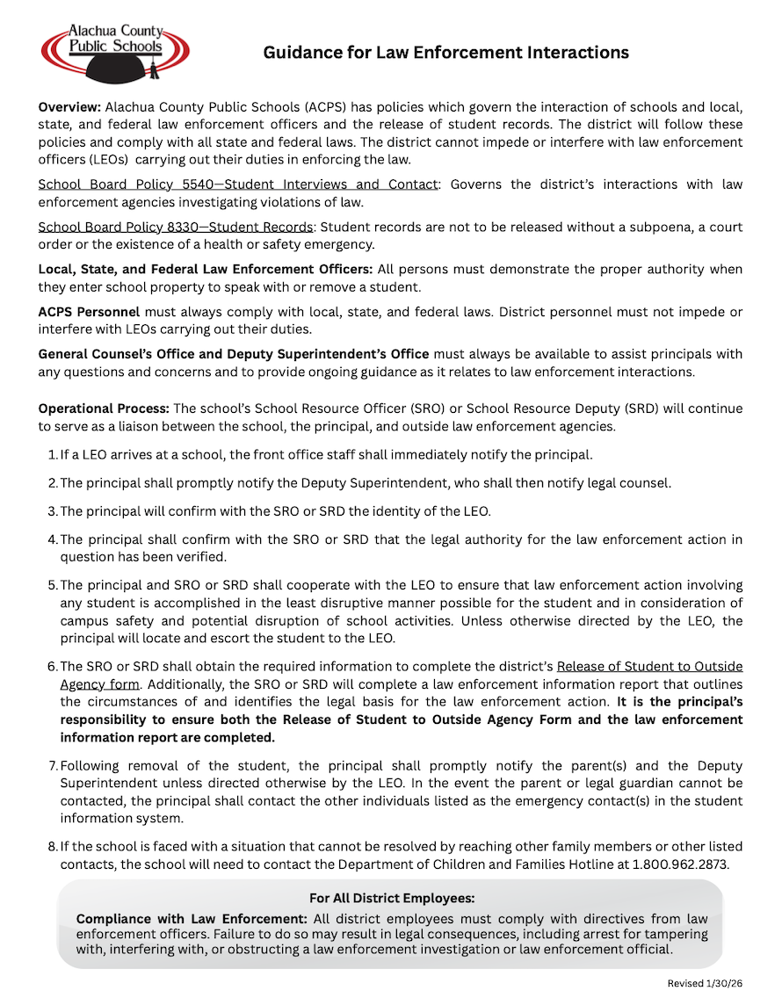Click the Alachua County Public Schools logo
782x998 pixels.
pyautogui.click(x=114, y=51)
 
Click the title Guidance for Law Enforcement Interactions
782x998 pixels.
pyautogui.click(x=445, y=53)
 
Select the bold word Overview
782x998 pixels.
pyautogui.click(x=69, y=106)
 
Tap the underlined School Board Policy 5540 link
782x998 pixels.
pyautogui.click(x=237, y=184)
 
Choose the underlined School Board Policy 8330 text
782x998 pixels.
pyautogui.click(x=175, y=227)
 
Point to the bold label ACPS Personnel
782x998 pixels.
pyautogui.click(x=89, y=312)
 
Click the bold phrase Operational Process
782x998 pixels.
pyautogui.click(x=104, y=409)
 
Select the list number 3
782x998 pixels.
pyautogui.click(x=52, y=511)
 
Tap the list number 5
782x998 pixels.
pyautogui.click(x=52, y=585)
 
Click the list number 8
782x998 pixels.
pyautogui.click(x=52, y=847)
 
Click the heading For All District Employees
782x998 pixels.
pyautogui.click(x=392, y=898)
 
